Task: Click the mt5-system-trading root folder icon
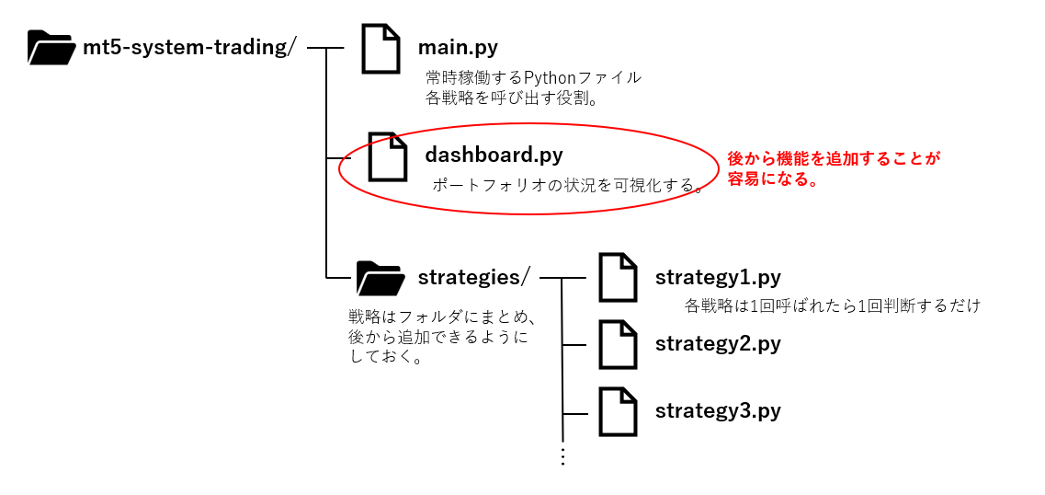(51, 47)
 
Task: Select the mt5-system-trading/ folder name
(188, 47)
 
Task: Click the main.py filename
(458, 47)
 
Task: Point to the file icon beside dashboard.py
(387, 155)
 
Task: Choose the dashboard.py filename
(494, 155)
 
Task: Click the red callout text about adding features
(834, 169)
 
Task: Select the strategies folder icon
(380, 277)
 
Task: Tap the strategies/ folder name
(474, 276)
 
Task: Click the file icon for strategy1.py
(618, 278)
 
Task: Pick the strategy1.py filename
(718, 277)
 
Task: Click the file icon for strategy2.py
(618, 345)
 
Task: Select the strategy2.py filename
(718, 344)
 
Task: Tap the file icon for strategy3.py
(618, 411)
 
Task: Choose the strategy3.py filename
(718, 410)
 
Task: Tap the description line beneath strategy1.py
(833, 305)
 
